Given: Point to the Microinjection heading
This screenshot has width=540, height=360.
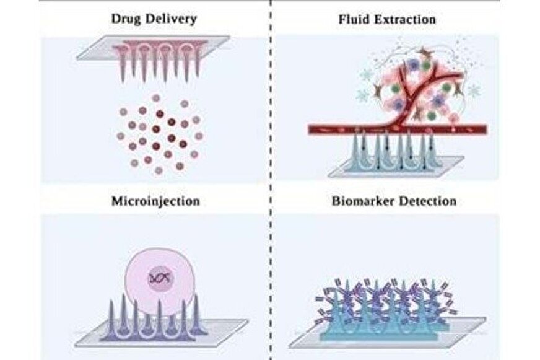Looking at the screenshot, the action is [155, 201].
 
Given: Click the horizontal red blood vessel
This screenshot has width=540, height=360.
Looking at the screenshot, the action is [397, 130].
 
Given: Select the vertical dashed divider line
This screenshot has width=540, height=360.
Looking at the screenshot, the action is [271, 180].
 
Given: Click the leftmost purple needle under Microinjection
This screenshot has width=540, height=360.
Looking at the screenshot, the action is [111, 318].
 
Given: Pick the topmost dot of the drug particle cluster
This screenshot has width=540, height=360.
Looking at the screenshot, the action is [156, 98].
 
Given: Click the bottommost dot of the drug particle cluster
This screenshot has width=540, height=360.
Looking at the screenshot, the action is [159, 170].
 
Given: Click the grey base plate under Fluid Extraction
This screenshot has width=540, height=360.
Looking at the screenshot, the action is [396, 167].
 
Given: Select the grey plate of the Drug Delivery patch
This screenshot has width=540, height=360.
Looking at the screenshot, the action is [153, 48].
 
